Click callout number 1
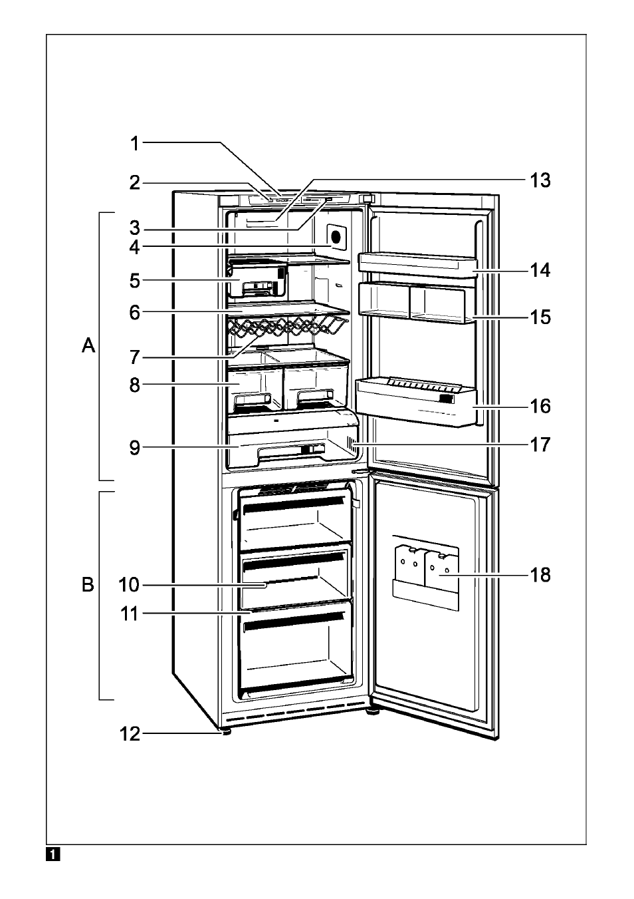pyautogui.click(x=135, y=143)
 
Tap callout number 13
pyautogui.click(x=540, y=180)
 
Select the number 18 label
pyautogui.click(x=540, y=575)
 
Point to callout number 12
pyautogui.click(x=130, y=734)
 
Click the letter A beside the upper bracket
pyautogui.click(x=88, y=345)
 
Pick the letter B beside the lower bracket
pyautogui.click(x=88, y=585)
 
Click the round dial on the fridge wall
pyautogui.click(x=336, y=237)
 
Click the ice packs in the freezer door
pyautogui.click(x=425, y=568)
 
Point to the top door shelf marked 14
pyautogui.click(x=418, y=264)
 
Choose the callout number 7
pyautogui.click(x=135, y=357)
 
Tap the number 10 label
pyautogui.click(x=129, y=585)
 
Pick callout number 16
pyautogui.click(x=540, y=406)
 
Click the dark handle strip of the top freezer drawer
pyautogui.click(x=294, y=504)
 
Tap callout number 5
pyautogui.click(x=135, y=281)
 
